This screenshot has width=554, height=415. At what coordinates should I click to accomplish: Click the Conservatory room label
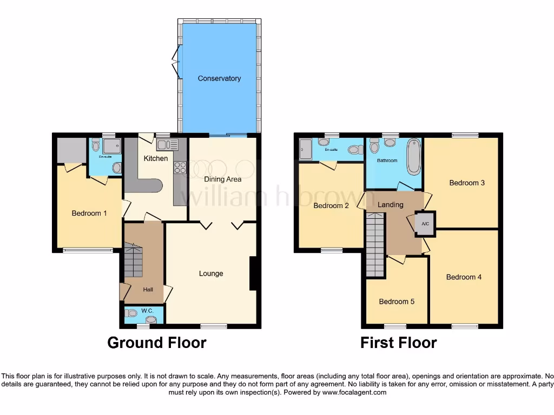[219, 78]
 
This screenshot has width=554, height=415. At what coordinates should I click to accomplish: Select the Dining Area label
[222, 179]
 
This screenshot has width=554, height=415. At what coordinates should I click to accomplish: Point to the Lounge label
[211, 273]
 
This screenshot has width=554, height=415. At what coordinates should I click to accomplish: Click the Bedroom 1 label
[89, 213]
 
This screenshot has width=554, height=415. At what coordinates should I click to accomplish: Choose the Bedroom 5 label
[397, 302]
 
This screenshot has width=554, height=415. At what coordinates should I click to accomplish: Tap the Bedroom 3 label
[467, 183]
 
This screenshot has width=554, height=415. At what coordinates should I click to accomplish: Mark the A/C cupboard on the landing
[425, 224]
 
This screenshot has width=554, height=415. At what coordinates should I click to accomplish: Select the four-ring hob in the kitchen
[180, 168]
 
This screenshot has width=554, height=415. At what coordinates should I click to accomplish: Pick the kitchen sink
[167, 144]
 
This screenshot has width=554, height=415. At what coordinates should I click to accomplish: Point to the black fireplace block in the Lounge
[253, 275]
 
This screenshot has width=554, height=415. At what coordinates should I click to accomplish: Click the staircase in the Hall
[133, 260]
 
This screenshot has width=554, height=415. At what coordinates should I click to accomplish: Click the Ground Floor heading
[156, 343]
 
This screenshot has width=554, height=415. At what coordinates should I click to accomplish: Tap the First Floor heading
[399, 343]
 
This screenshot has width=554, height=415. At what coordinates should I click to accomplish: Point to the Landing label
[390, 205]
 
